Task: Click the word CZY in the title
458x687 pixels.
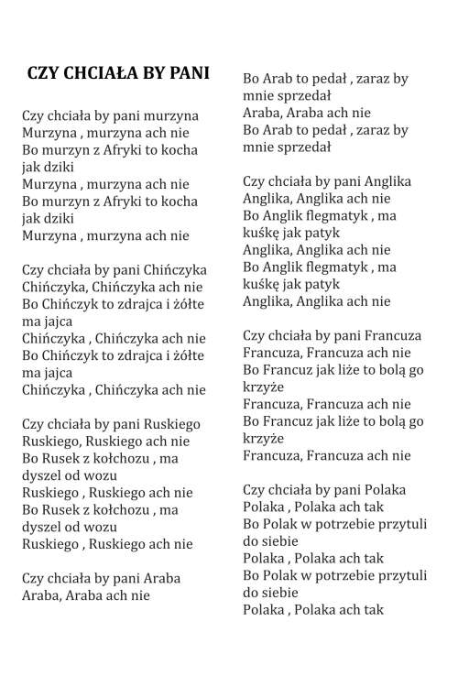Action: [x=44, y=72]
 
